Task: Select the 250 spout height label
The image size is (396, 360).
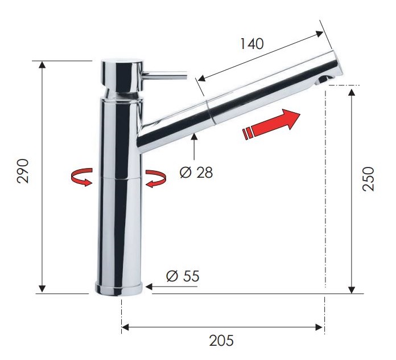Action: click(x=368, y=180)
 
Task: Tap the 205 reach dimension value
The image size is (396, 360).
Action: click(x=221, y=341)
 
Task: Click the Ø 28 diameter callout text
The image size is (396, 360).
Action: click(x=196, y=173)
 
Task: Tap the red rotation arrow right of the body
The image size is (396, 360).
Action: click(x=155, y=178)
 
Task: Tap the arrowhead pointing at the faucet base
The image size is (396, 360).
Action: click(x=152, y=288)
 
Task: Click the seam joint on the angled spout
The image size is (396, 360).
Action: click(x=211, y=109)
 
